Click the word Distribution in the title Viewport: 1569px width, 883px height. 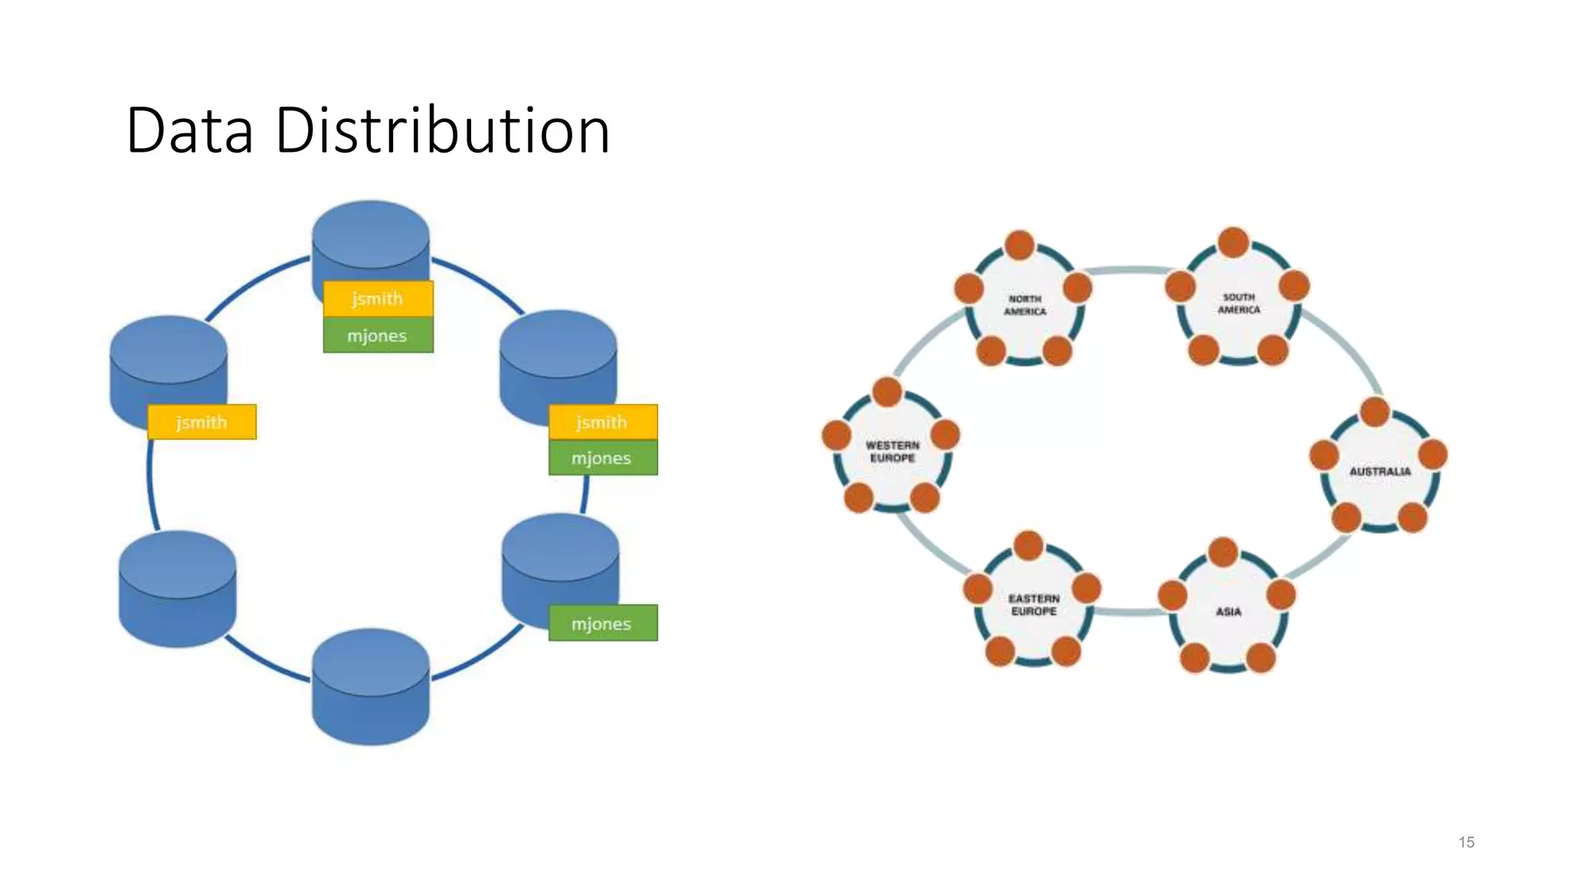pyautogui.click(x=442, y=130)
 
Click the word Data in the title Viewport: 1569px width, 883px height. pyautogui.click(x=189, y=130)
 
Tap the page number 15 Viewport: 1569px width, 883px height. pyautogui.click(x=1466, y=842)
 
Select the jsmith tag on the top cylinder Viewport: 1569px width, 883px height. pyautogui.click(x=378, y=299)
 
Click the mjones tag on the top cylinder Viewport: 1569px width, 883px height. pyautogui.click(x=378, y=336)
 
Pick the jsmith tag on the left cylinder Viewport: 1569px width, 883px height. pyautogui.click(x=201, y=422)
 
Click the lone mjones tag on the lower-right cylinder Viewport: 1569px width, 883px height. pyautogui.click(x=602, y=623)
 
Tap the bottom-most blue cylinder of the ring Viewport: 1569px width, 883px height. pyautogui.click(x=371, y=690)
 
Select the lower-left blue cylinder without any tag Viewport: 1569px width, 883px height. pyautogui.click(x=178, y=590)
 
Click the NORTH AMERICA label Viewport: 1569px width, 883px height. pyautogui.click(x=1024, y=305)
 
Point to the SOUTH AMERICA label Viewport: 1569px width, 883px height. pyautogui.click(x=1239, y=303)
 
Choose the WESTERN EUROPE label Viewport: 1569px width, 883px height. pyautogui.click(x=893, y=451)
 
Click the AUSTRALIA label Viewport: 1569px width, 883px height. pyautogui.click(x=1380, y=471)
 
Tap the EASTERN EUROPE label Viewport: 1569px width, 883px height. pyautogui.click(x=1033, y=605)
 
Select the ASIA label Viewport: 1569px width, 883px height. pyautogui.click(x=1228, y=612)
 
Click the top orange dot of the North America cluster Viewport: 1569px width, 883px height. pyautogui.click(x=1020, y=245)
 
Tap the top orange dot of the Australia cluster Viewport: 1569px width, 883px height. pyautogui.click(x=1375, y=412)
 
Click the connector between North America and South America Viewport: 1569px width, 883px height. pyautogui.click(x=1130, y=270)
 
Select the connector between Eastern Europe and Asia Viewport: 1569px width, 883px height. pyautogui.click(x=1131, y=611)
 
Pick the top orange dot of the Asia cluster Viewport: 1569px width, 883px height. pyautogui.click(x=1223, y=553)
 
